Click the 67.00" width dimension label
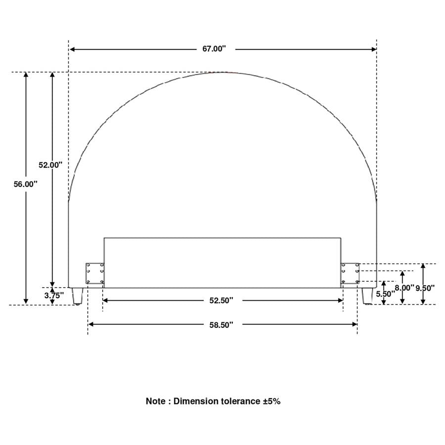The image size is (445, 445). (214, 49)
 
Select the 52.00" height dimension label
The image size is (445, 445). (50, 165)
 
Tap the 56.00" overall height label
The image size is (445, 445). (26, 184)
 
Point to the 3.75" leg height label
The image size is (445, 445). (54, 296)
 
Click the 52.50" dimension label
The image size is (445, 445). (222, 301)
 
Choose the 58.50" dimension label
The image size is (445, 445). (222, 325)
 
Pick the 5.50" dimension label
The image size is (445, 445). (385, 294)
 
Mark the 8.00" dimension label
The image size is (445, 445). (404, 288)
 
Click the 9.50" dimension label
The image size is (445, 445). (425, 288)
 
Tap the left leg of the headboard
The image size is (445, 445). (77, 296)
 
